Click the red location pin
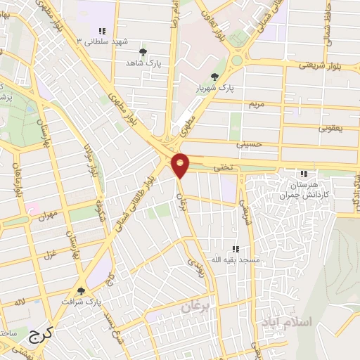181,165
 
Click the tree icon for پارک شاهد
143,52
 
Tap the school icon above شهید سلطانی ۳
103,31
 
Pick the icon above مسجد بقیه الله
236,249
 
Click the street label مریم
257,104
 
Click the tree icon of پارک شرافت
81,291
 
